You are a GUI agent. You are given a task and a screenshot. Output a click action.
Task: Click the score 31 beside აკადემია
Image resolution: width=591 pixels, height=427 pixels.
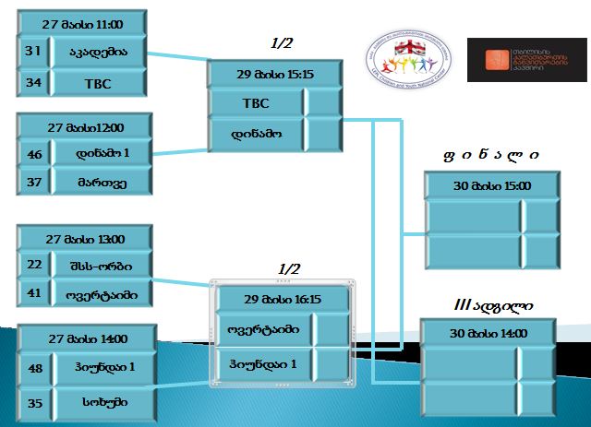(x=33, y=53)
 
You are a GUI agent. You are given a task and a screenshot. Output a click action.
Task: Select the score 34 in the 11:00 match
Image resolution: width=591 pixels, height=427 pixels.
(x=33, y=83)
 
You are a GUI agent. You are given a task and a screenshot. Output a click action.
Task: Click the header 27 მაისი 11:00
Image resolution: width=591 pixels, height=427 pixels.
(x=83, y=24)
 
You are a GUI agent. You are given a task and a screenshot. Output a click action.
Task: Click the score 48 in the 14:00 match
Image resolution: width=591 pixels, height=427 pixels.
(x=36, y=367)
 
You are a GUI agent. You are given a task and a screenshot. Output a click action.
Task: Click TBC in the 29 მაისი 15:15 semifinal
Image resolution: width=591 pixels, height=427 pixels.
(x=255, y=102)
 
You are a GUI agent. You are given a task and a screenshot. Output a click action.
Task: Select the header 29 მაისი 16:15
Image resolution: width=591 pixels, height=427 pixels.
(x=282, y=299)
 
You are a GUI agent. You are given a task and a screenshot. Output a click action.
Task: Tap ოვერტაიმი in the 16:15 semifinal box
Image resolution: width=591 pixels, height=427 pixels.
(x=263, y=328)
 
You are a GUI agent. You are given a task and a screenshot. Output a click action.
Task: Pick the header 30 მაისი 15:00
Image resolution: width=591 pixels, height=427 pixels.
(x=491, y=185)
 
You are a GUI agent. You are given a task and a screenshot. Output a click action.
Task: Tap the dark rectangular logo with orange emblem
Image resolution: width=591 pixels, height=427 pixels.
(x=526, y=60)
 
